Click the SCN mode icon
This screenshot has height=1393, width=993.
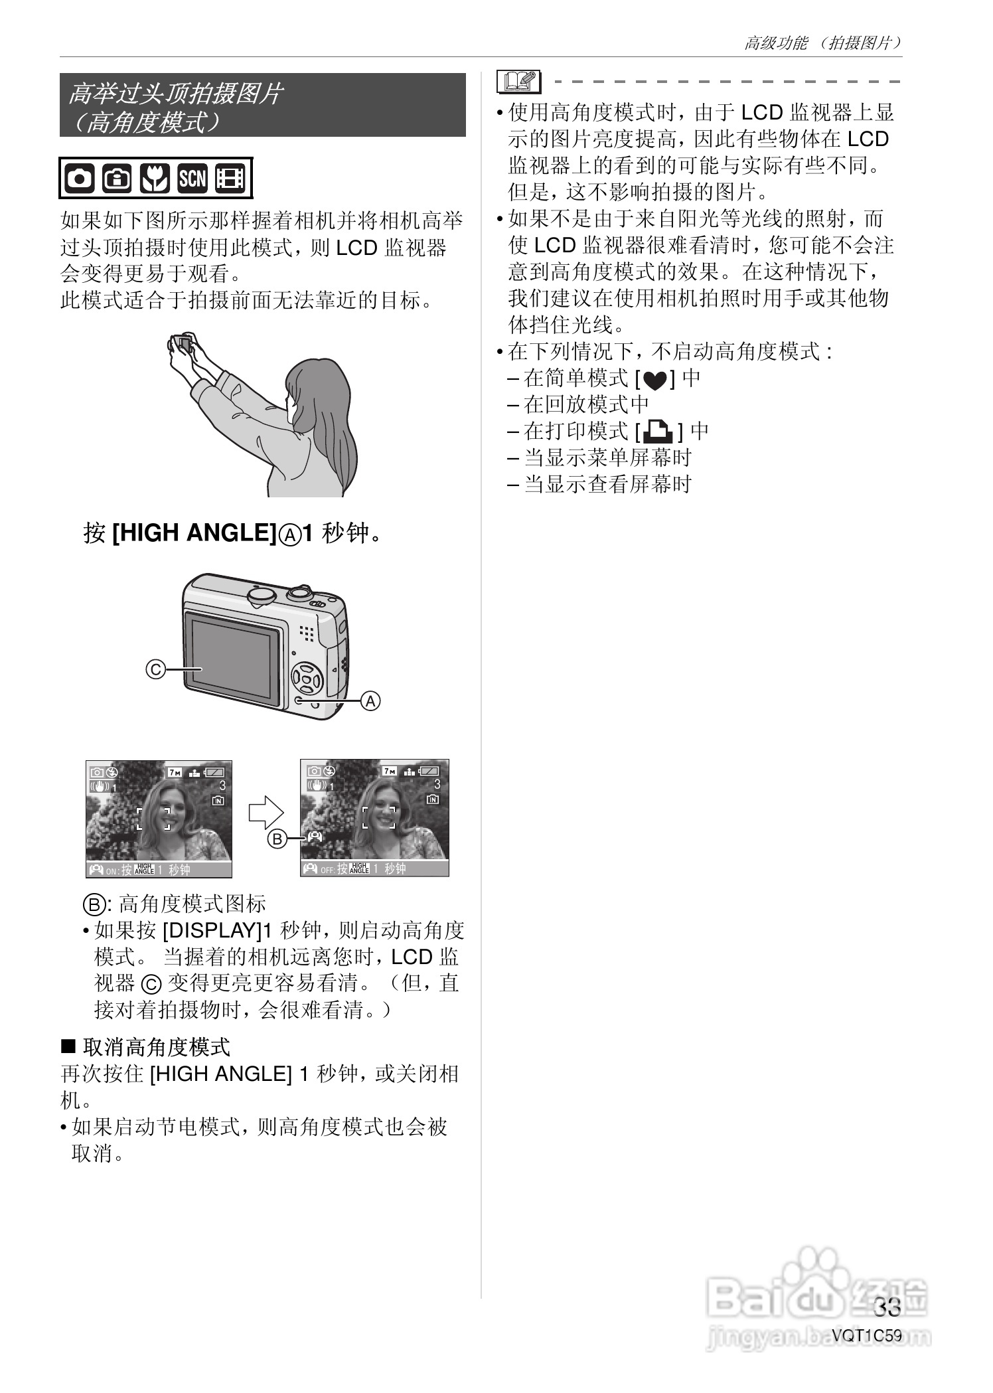tap(192, 179)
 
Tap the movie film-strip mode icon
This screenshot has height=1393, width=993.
tap(230, 179)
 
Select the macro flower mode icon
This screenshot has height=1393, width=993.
tap(155, 179)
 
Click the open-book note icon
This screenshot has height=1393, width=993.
tap(518, 82)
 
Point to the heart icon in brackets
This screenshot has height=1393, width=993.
tap(654, 380)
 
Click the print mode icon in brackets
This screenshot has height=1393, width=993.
tap(658, 432)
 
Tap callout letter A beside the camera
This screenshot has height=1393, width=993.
tap(370, 700)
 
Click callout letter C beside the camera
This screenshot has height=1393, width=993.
tap(155, 669)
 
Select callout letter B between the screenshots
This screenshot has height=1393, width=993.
tap(277, 839)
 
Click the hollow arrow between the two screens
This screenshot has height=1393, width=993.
tap(266, 812)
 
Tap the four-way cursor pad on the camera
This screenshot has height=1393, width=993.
tap(307, 679)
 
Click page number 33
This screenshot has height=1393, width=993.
tap(887, 1307)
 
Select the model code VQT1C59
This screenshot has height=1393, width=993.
tap(867, 1335)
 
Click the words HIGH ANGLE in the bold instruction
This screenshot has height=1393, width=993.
tap(194, 533)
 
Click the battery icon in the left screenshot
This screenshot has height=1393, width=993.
tap(215, 772)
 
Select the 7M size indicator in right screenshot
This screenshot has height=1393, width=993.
tap(389, 771)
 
